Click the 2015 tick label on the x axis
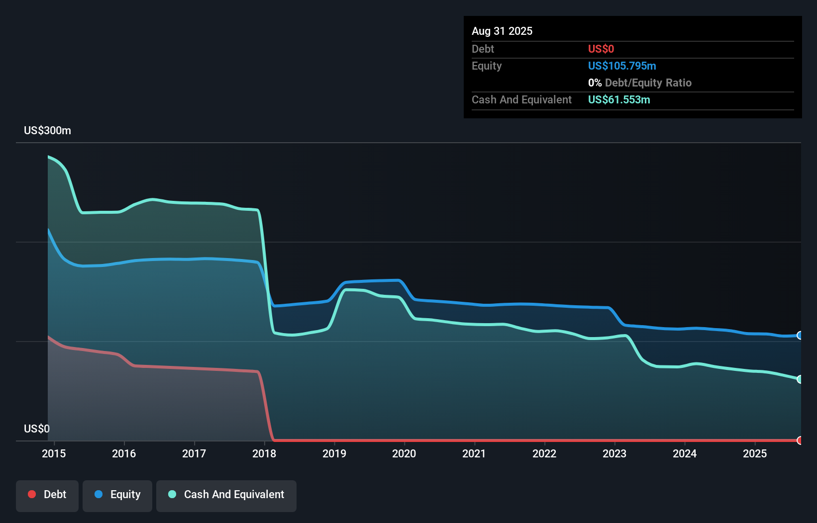[x=54, y=453]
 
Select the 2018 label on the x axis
[x=264, y=453]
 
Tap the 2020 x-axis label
[x=404, y=453]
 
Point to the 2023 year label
[x=614, y=453]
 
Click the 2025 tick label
[x=755, y=453]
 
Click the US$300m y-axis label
[x=47, y=130]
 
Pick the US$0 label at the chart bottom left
[x=37, y=429]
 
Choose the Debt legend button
[x=47, y=495]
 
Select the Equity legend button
[x=117, y=495]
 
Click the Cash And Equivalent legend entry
[x=226, y=495]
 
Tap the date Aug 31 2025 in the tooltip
[x=502, y=31]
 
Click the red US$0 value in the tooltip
[x=601, y=49]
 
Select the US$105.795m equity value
[x=622, y=66]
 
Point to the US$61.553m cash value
[x=619, y=99]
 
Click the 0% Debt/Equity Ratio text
[x=640, y=83]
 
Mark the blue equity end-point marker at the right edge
[x=800, y=336]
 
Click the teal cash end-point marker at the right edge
[x=800, y=379]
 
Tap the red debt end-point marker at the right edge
[x=800, y=440]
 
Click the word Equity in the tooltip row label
[x=487, y=66]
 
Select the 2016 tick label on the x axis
[x=124, y=453]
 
